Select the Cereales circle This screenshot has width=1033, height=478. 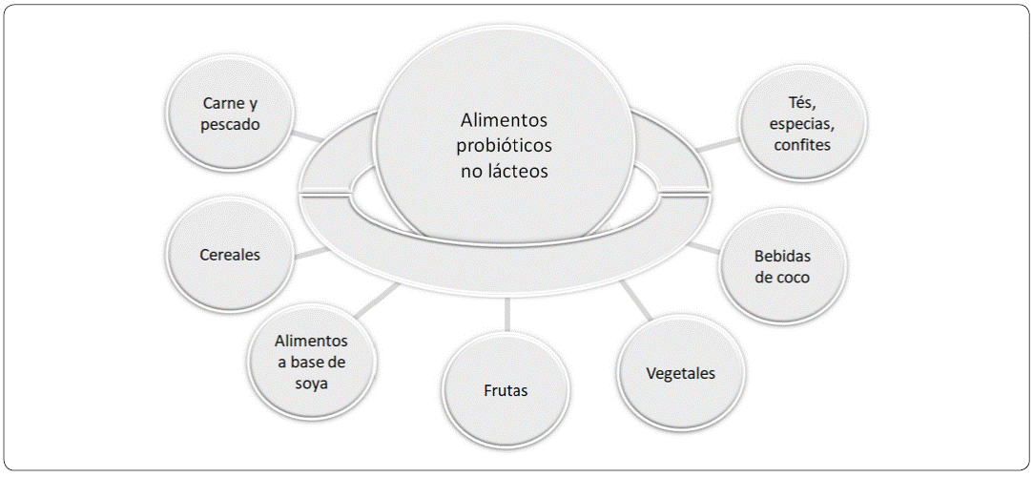[230, 256]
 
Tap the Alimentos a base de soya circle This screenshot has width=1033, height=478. [311, 362]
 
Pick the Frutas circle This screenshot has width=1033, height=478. [505, 390]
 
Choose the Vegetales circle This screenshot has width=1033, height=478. [680, 373]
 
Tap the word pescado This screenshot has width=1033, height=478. [231, 124]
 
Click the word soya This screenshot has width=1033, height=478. [311, 384]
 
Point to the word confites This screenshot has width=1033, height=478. [803, 145]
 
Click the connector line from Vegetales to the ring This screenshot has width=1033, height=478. [636, 303]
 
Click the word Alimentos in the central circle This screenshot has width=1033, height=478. [505, 121]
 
